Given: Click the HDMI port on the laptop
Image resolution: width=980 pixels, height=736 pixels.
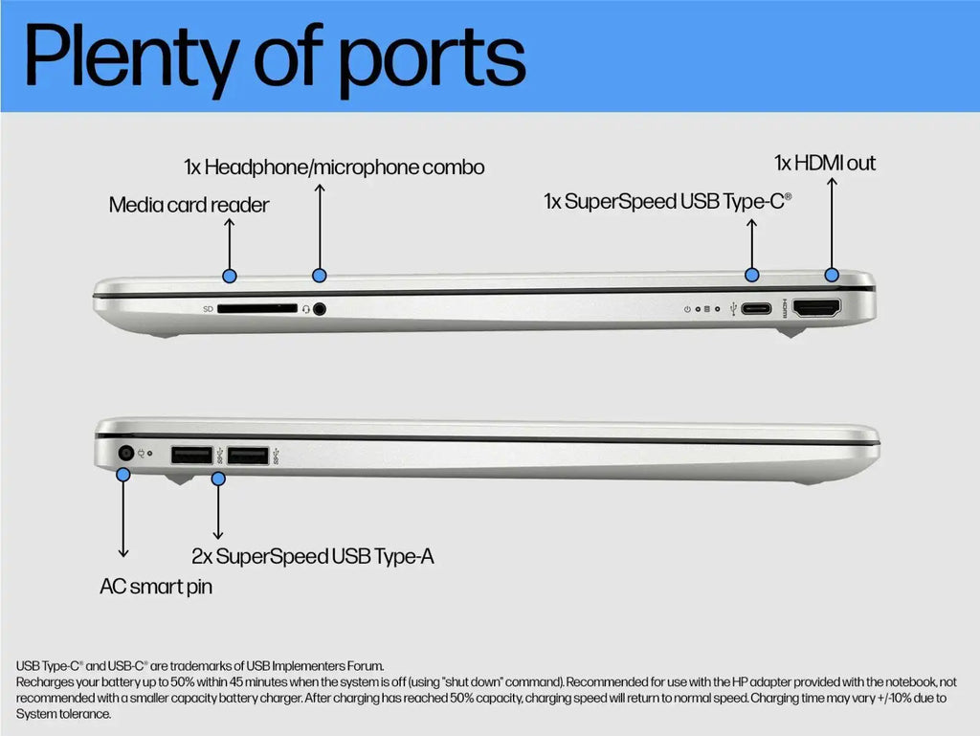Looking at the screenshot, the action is [x=817, y=308].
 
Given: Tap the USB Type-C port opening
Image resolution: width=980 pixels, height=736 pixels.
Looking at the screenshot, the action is [x=756, y=308].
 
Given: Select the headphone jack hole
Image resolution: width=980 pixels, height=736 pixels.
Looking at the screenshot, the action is [x=320, y=308].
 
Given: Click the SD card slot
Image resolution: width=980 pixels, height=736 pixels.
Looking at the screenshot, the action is [x=256, y=308].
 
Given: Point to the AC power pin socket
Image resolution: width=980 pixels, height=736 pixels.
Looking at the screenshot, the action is [x=126, y=453].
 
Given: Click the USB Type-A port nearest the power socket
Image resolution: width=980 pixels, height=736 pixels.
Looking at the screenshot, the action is [x=191, y=455].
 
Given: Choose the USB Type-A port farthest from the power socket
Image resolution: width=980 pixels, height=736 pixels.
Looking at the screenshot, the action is [x=248, y=456].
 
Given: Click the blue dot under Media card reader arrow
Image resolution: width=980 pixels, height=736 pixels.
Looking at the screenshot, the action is [x=230, y=277].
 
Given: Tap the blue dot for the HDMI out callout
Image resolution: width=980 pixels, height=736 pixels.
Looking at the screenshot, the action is [x=832, y=275].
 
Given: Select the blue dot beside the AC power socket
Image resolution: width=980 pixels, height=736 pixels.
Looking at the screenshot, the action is [x=123, y=475].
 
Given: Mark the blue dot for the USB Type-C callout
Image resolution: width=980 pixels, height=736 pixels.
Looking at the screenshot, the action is [x=752, y=275].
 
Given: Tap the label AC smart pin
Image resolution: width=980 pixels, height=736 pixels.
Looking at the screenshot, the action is [x=156, y=587].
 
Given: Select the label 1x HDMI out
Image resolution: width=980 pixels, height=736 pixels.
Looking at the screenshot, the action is [x=825, y=163].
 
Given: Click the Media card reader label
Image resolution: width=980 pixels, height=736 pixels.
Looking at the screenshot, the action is [x=189, y=205].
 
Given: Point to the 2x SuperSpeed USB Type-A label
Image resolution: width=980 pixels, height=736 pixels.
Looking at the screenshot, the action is [x=313, y=557].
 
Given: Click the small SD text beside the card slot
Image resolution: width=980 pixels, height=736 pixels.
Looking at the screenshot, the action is [x=208, y=309].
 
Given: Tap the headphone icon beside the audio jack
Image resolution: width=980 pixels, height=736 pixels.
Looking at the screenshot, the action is [x=306, y=309].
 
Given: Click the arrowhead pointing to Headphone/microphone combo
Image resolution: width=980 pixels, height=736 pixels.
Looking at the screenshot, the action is [x=320, y=188].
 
